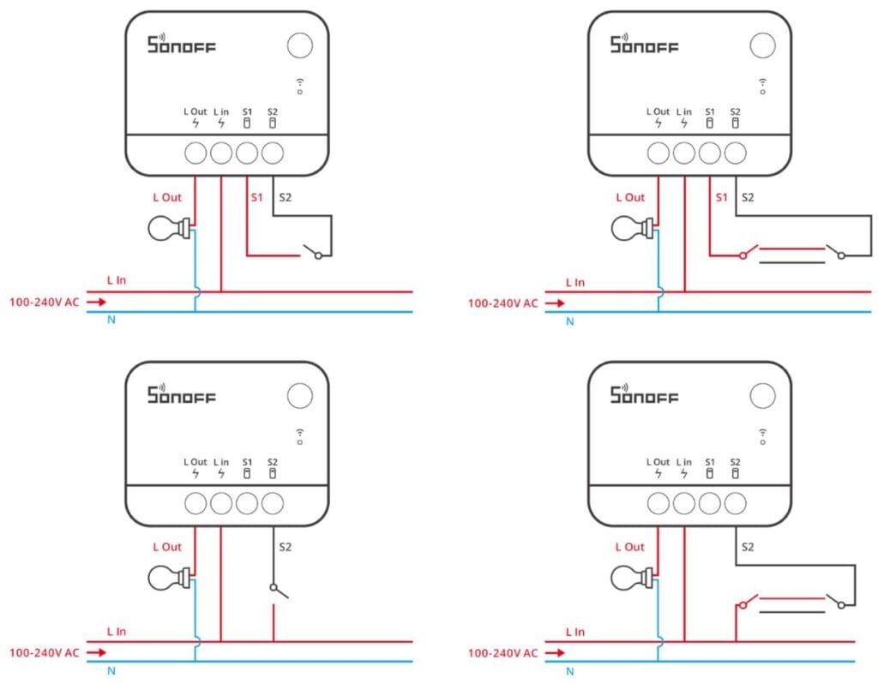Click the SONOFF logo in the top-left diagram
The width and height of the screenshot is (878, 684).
[181, 44]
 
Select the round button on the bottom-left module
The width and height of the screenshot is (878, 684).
[299, 395]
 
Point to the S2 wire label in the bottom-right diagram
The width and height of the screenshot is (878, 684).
[748, 546]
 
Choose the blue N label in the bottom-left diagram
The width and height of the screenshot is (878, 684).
[111, 670]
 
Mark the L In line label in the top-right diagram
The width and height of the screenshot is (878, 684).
[575, 282]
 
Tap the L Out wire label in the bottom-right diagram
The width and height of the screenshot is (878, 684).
[629, 546]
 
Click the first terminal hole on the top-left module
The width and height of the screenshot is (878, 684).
[196, 153]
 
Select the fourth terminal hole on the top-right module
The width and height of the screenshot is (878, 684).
[735, 153]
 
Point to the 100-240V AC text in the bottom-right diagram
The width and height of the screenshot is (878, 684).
[502, 652]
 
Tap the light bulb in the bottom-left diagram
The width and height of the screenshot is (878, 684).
[167, 579]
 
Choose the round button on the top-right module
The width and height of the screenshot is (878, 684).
[761, 45]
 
